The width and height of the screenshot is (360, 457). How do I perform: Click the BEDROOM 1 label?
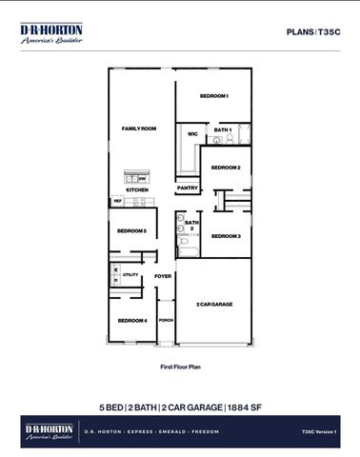(x=213, y=97)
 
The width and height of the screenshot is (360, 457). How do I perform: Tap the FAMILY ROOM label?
(x=138, y=128)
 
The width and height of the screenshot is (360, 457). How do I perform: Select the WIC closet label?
(x=191, y=133)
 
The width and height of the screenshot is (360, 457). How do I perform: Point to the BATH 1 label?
(x=223, y=129)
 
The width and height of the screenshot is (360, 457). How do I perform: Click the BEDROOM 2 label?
(x=226, y=168)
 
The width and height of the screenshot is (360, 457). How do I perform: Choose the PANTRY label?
(x=188, y=188)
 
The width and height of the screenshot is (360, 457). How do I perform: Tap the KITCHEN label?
(x=138, y=189)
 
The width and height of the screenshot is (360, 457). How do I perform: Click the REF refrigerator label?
(x=118, y=201)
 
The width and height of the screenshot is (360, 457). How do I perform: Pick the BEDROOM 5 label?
(x=130, y=231)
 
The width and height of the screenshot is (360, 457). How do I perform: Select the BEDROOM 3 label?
(x=226, y=235)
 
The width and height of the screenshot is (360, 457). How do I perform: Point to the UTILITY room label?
(x=130, y=275)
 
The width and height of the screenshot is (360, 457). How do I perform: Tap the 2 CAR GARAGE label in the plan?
(x=214, y=305)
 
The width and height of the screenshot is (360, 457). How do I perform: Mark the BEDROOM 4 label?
(x=130, y=321)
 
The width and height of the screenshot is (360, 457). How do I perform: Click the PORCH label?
(x=166, y=321)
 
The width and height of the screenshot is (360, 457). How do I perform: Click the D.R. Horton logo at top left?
(x=51, y=34)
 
